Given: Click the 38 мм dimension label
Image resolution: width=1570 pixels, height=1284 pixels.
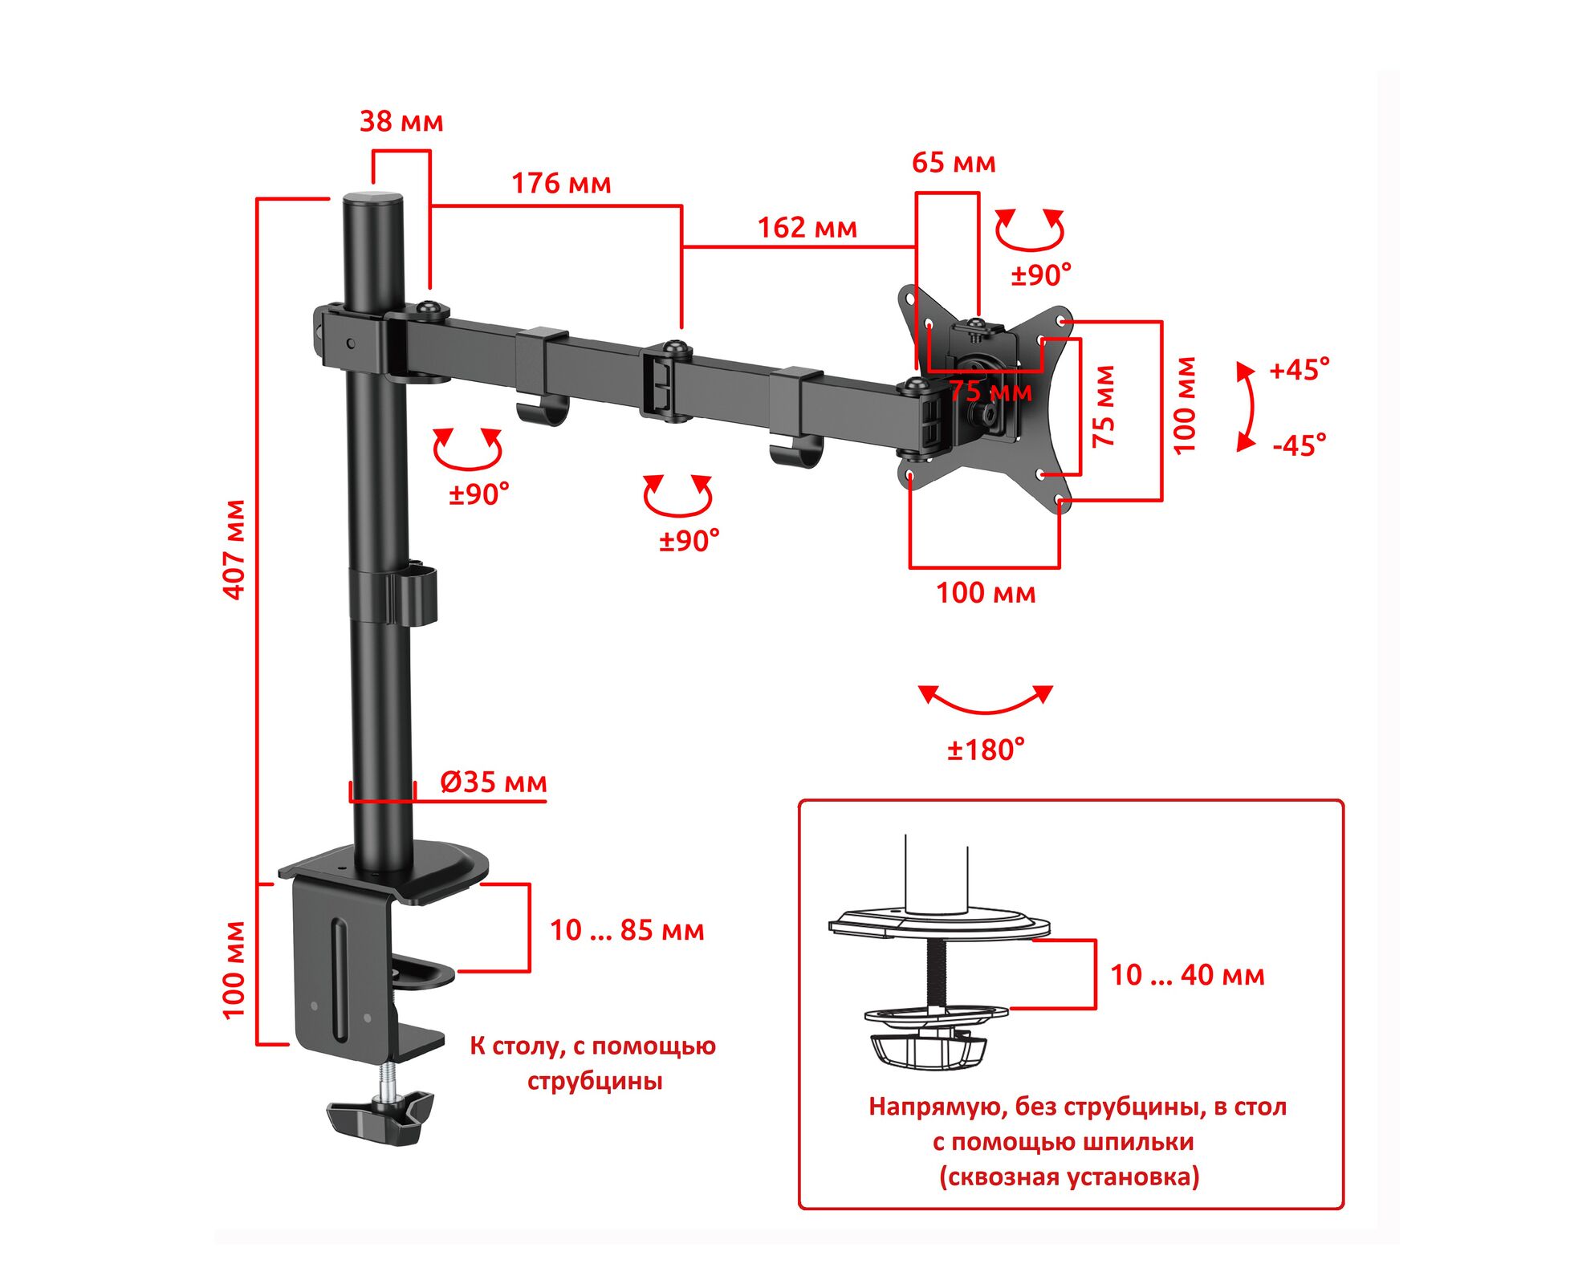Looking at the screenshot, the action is (x=401, y=121).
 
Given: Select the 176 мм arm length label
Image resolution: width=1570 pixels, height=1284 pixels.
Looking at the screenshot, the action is (x=561, y=183).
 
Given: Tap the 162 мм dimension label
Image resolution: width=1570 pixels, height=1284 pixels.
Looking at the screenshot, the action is (x=807, y=227).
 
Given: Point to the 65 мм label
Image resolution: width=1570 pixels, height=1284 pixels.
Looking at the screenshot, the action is (x=954, y=162).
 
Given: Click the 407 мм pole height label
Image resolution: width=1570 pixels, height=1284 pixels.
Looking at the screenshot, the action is (x=234, y=549).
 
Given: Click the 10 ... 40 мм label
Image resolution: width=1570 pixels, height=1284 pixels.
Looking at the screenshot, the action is (x=1187, y=974).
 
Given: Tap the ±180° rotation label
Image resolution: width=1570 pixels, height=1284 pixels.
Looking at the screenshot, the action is (x=986, y=750).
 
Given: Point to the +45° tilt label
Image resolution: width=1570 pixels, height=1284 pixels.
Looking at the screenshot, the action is (x=1300, y=369).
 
